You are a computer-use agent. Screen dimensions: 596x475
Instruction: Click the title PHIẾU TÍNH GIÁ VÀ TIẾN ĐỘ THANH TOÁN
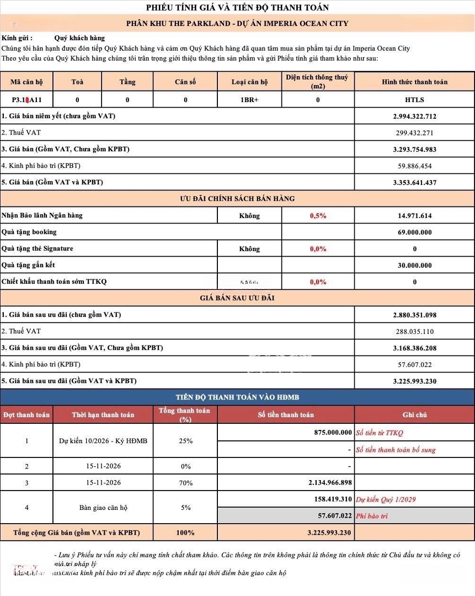(x=237, y=8)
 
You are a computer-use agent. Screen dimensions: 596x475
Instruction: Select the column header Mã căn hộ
(x=26, y=82)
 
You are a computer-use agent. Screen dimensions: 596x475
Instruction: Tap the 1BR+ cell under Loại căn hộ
(x=249, y=100)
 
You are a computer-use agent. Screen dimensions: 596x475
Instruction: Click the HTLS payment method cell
(x=414, y=100)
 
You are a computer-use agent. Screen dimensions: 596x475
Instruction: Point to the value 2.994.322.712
(x=414, y=116)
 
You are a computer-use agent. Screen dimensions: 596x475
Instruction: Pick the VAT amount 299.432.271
(x=414, y=133)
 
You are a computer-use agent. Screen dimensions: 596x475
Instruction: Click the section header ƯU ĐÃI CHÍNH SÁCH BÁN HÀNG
(x=237, y=199)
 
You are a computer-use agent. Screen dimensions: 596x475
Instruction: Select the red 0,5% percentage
(x=318, y=216)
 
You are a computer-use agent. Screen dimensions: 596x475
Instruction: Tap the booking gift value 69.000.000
(x=414, y=232)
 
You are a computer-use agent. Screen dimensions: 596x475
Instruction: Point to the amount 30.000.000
(x=414, y=265)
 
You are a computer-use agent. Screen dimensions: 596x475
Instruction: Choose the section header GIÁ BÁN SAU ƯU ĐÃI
(x=237, y=298)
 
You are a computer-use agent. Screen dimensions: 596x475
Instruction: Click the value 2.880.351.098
(x=414, y=315)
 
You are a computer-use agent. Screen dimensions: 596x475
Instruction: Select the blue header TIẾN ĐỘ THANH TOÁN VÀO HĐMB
(x=237, y=397)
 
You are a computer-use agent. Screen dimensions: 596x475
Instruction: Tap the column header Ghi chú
(x=414, y=415)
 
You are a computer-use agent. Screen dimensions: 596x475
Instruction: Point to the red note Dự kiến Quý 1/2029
(x=386, y=500)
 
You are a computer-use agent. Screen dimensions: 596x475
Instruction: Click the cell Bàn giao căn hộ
(x=103, y=508)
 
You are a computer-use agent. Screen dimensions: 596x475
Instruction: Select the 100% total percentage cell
(x=185, y=533)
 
